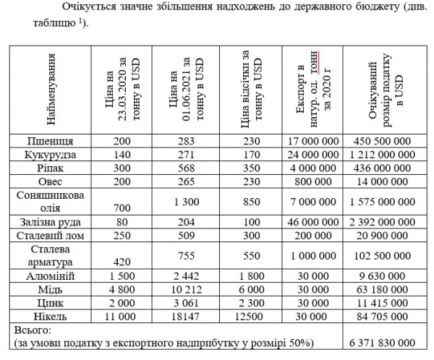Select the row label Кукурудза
pos(49,154)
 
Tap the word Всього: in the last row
pos(32,329)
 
